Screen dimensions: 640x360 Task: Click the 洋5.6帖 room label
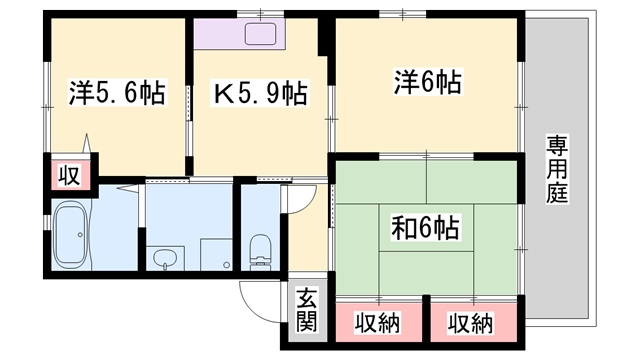tap(117, 93)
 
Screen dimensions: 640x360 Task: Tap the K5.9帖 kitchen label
tap(260, 93)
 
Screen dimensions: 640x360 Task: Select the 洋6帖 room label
tap(427, 82)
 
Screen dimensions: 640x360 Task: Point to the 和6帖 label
tap(426, 227)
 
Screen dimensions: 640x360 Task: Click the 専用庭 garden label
tap(558, 169)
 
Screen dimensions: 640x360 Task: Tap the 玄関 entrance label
tap(307, 310)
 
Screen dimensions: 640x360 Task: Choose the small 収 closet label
tap(69, 176)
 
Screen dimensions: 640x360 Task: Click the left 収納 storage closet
tap(379, 322)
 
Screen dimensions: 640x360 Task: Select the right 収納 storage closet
tap(473, 322)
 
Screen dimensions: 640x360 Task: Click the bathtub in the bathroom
tap(71, 235)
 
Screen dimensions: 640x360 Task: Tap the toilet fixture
tap(260, 251)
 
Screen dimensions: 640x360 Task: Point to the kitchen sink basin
tap(260, 33)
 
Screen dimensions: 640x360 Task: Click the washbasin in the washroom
tap(165, 258)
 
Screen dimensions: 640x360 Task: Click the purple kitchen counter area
tap(240, 33)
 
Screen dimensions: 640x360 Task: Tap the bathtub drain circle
tap(80, 235)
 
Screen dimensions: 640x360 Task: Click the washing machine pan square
tap(216, 255)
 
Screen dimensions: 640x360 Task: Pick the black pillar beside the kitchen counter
tap(325, 37)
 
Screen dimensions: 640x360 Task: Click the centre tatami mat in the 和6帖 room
tap(426, 227)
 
